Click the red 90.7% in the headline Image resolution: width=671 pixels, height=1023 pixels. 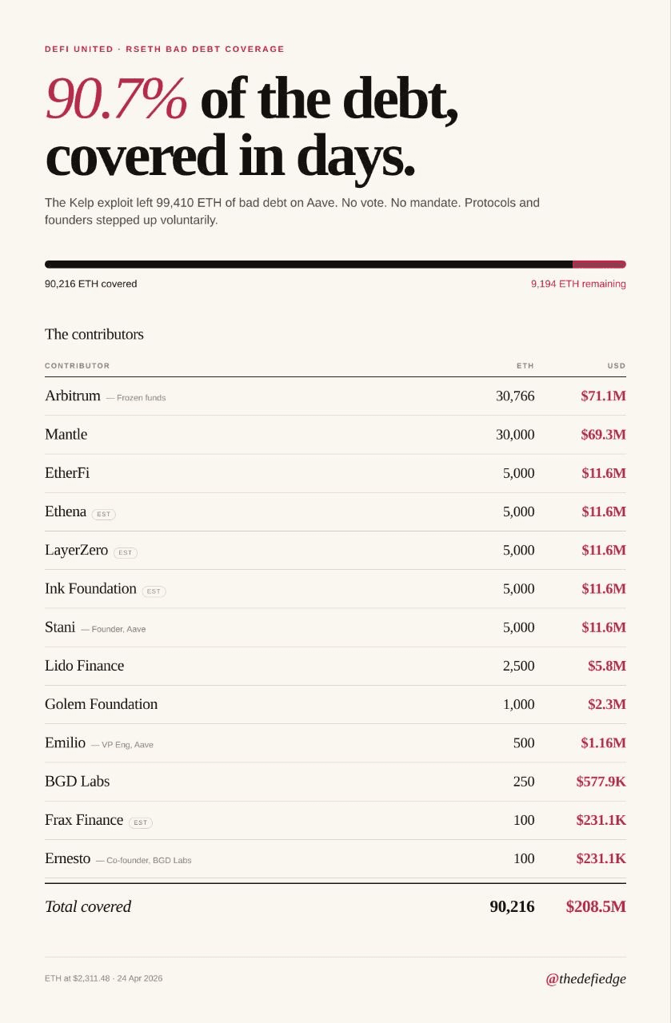click(x=116, y=99)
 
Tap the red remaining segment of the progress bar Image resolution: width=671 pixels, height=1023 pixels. click(x=599, y=265)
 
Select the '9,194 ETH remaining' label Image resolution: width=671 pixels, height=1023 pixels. click(x=577, y=284)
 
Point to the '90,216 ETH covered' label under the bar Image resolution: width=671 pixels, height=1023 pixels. click(x=90, y=284)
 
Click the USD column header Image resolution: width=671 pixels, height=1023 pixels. click(x=616, y=366)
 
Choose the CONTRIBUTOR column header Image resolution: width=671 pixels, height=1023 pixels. click(x=77, y=366)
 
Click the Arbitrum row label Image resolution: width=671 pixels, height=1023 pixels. click(x=73, y=396)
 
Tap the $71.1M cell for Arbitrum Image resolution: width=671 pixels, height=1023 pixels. click(x=603, y=396)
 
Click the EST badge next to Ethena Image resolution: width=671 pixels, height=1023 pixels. click(x=103, y=515)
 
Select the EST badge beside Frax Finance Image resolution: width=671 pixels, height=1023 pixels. click(x=140, y=822)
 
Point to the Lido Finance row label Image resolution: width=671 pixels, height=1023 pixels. click(x=84, y=666)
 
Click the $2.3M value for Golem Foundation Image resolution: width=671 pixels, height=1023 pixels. click(x=606, y=704)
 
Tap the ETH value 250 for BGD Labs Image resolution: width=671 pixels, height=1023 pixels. click(x=523, y=782)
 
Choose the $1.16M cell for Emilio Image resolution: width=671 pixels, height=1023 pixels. click(x=603, y=743)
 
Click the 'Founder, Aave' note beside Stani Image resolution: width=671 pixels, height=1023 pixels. click(x=118, y=629)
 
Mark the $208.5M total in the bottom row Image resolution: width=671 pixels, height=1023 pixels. click(x=595, y=906)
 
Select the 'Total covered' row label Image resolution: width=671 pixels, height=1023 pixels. click(x=88, y=906)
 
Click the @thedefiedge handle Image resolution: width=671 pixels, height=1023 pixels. click(x=585, y=978)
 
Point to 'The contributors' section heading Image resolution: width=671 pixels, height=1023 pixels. click(x=94, y=334)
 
